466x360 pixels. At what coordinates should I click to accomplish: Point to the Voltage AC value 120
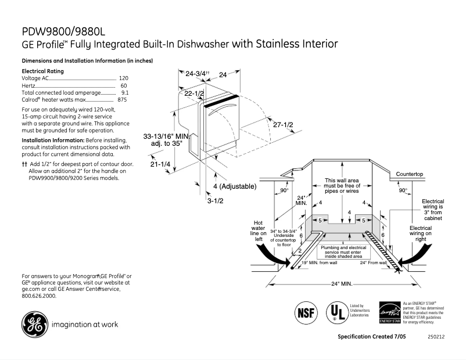click(123, 78)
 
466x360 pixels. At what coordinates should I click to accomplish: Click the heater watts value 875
click(122, 100)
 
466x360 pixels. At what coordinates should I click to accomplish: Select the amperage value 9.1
click(124, 92)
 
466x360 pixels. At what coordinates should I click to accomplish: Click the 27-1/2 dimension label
click(283, 125)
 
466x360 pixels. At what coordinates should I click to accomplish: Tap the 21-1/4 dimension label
click(160, 164)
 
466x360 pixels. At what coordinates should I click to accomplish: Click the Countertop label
click(410, 174)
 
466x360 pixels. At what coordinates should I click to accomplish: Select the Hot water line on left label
click(259, 231)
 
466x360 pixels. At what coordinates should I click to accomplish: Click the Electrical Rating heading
click(42, 71)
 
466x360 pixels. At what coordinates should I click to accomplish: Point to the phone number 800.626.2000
click(39, 296)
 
